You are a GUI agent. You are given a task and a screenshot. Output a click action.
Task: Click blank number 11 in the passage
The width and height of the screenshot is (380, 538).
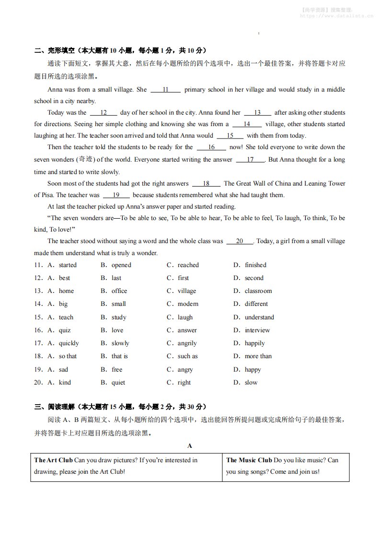point(165,90)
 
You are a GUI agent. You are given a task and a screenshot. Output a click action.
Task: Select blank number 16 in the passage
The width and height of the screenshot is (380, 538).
point(211,147)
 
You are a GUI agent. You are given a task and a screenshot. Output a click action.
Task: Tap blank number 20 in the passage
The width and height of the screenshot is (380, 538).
point(240,241)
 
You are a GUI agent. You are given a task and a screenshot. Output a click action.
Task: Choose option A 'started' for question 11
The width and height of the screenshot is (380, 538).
point(67,265)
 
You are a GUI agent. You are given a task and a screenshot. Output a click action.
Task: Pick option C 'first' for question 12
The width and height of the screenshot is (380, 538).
point(183,278)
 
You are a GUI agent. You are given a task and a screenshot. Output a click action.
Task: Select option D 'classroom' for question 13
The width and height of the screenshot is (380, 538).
point(258,291)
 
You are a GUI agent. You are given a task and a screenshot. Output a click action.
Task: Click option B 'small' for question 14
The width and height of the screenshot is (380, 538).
point(118,304)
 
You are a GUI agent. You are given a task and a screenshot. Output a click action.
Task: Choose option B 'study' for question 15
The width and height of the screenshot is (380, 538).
point(119,317)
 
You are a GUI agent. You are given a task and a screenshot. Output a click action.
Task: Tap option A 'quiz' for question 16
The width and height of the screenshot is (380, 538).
point(65,330)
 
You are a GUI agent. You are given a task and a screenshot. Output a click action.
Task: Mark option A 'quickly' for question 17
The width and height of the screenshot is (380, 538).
point(69,343)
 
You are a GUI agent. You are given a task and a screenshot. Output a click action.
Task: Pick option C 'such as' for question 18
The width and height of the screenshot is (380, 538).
point(187,356)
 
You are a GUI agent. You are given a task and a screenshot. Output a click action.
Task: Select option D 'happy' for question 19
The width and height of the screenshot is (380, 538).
point(253,370)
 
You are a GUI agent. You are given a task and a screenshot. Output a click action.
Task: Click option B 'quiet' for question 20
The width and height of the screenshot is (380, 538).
point(118,383)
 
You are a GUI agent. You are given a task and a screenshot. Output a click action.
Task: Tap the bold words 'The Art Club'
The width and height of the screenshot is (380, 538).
point(53,460)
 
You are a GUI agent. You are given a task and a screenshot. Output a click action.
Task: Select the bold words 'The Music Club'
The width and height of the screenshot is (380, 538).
point(249,460)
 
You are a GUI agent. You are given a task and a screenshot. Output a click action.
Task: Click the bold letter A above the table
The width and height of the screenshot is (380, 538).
point(190,446)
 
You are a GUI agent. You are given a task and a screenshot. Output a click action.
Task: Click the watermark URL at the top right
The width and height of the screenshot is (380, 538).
point(336,15)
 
